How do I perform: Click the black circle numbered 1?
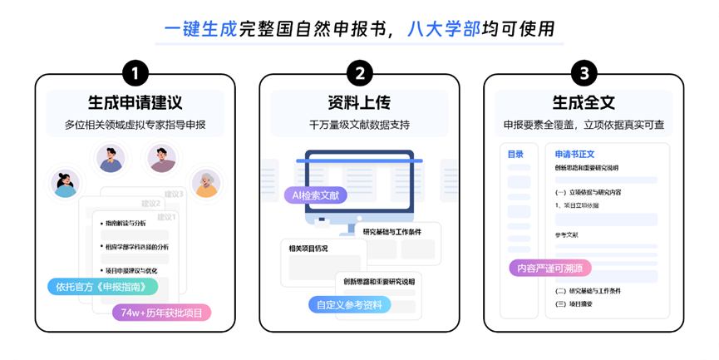tap(135, 73)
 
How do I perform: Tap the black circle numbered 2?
tap(359, 73)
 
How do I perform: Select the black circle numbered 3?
tap(584, 73)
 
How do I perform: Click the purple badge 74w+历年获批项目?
tap(161, 313)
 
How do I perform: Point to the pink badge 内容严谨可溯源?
tap(550, 268)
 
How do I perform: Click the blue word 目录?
tap(516, 154)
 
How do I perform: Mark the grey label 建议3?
tap(174, 194)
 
